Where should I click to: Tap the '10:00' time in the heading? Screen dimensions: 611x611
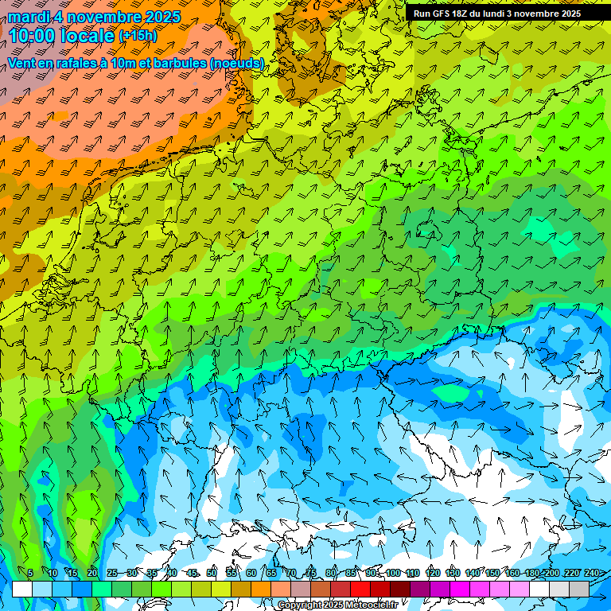coord(31,35)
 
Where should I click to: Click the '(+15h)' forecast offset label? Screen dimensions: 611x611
coord(138,36)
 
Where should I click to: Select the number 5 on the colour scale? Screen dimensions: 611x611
coord(30,574)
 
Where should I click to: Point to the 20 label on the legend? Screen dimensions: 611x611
coord(92,574)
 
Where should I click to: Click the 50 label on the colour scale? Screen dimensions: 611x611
coord(212,574)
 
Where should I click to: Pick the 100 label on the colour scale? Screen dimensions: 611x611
coord(393,574)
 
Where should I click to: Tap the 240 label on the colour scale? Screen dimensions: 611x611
coord(592,574)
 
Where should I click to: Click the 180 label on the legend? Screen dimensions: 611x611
coord(531,574)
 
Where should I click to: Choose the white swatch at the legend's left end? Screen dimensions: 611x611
coord(22,589)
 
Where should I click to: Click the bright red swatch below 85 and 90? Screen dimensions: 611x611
coord(360,589)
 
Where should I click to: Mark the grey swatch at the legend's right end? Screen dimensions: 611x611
coord(579,589)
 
